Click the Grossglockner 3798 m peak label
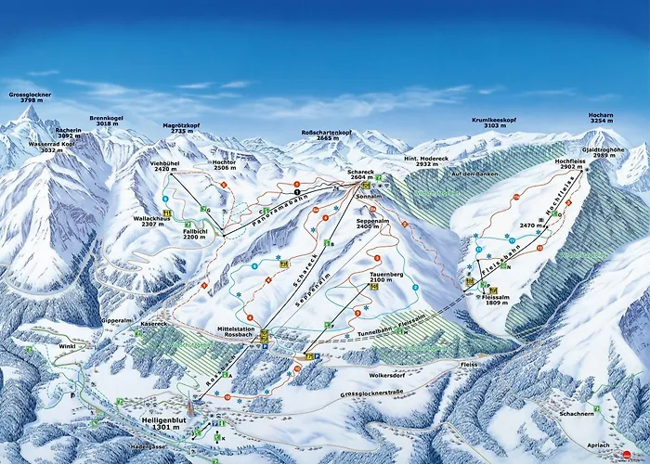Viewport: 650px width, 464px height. click(x=31, y=98)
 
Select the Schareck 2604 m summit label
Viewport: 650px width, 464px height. click(x=360, y=176)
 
